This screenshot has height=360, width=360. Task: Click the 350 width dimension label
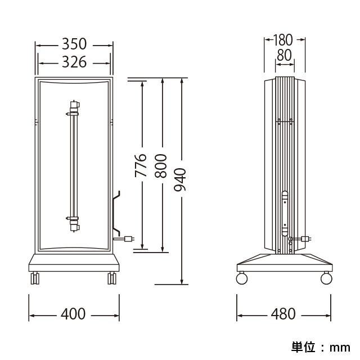74,44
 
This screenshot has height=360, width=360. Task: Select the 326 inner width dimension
74,62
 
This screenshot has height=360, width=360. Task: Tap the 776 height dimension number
141,165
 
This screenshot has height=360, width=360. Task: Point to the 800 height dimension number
160,166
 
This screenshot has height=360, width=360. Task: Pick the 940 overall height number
180,180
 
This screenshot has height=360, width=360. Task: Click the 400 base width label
73,314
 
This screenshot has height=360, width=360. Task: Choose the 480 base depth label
283,314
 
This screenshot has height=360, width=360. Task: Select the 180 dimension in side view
283,40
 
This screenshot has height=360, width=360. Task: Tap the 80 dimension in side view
284,55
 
